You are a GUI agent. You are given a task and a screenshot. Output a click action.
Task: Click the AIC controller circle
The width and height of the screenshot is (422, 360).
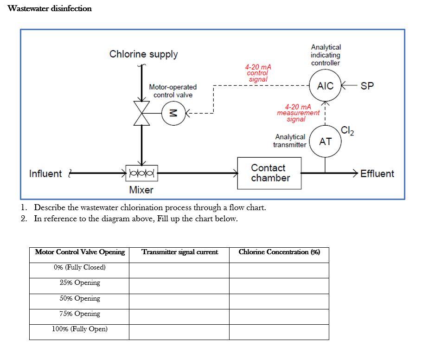(325, 86)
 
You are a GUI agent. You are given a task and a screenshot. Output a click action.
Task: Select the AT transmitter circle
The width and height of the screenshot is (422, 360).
(325, 141)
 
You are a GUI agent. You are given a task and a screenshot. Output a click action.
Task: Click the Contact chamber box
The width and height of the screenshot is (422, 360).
(270, 173)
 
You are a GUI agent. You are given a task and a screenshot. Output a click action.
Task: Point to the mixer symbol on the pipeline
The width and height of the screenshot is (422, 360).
(141, 174)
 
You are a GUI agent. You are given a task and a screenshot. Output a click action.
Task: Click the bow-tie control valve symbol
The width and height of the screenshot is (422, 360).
(142, 112)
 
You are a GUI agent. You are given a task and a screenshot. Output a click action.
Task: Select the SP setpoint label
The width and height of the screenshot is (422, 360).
(367, 86)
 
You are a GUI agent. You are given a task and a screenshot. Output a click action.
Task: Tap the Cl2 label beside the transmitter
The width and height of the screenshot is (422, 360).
(347, 130)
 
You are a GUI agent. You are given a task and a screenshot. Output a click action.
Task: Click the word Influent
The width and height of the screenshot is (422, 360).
(45, 174)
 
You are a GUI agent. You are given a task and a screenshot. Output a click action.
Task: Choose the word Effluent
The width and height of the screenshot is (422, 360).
(377, 174)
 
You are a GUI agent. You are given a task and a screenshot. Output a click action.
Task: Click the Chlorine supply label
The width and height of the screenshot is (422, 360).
(143, 54)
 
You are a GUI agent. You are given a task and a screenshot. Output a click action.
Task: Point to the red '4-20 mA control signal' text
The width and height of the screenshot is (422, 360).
(258, 73)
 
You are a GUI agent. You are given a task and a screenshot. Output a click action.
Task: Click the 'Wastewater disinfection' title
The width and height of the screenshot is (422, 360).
(50, 8)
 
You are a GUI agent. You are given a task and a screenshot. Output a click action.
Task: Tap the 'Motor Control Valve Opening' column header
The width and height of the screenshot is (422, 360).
(80, 252)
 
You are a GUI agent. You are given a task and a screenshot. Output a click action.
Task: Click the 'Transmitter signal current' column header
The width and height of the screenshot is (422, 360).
(179, 252)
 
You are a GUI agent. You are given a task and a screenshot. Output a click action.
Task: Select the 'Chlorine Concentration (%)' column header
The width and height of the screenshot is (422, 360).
(279, 252)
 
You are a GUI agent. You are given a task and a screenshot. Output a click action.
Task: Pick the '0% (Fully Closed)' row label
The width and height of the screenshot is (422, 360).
(80, 267)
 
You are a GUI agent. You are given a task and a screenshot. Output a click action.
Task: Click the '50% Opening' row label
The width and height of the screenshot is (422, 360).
(80, 298)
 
